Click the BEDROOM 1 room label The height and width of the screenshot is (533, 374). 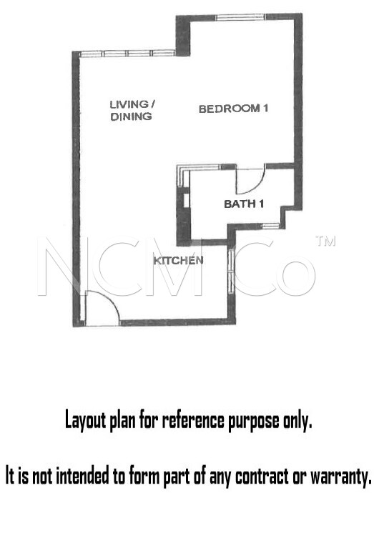(x=233, y=109)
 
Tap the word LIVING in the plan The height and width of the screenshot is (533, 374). (x=129, y=104)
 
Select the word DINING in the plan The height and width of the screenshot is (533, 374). (x=131, y=116)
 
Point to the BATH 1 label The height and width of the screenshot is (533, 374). (x=244, y=204)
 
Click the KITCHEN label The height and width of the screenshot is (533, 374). (x=178, y=261)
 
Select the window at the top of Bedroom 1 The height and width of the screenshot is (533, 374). (x=240, y=17)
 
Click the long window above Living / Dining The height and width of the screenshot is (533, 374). (x=127, y=54)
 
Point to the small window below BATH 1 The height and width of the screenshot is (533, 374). (x=270, y=225)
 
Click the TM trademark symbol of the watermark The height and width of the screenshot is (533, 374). (x=325, y=241)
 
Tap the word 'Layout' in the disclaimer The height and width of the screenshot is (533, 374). (x=85, y=420)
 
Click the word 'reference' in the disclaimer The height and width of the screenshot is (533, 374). (x=193, y=421)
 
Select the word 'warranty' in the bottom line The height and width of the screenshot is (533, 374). (x=340, y=477)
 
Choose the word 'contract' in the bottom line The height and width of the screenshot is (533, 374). (x=262, y=476)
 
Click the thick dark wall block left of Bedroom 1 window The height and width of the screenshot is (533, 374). (x=183, y=36)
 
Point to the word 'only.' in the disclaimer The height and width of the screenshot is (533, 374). (x=297, y=422)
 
